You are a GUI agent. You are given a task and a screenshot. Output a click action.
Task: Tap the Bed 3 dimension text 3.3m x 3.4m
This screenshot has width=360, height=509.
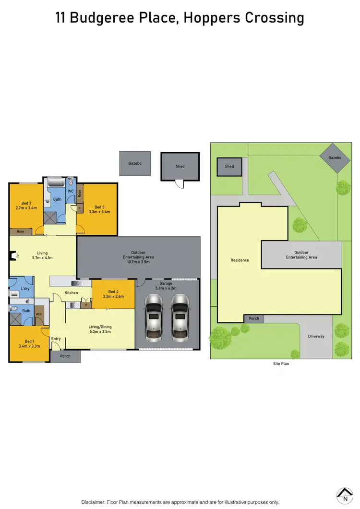(100, 212)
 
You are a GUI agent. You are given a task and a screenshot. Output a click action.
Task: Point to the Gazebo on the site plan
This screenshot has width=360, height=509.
(335, 158)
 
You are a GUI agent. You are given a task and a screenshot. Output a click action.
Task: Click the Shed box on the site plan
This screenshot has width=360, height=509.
(229, 167)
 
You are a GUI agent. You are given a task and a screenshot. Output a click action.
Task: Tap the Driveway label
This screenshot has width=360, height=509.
(316, 336)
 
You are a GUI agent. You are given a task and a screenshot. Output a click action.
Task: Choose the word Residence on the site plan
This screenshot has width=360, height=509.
(240, 260)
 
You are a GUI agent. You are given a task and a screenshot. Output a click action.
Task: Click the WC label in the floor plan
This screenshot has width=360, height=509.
(70, 191)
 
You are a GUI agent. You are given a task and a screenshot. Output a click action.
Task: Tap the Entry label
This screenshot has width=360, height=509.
(56, 339)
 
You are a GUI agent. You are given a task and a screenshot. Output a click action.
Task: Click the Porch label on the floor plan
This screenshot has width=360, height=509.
(65, 356)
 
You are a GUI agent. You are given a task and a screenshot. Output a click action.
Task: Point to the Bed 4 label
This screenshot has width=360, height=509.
(113, 291)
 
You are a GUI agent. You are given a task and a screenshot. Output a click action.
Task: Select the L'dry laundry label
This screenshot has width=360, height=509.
(25, 289)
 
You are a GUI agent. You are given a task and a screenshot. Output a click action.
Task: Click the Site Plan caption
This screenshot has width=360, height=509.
(281, 364)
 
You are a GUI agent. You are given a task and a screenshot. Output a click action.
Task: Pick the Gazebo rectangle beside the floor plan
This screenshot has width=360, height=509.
(135, 163)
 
